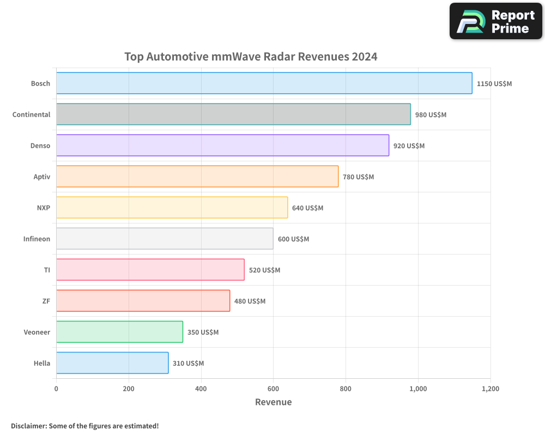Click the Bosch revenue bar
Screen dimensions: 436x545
[x=264, y=83]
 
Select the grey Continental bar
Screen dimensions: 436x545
[x=233, y=114]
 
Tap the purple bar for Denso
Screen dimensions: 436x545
[x=222, y=146]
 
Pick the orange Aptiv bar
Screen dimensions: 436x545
[x=197, y=177]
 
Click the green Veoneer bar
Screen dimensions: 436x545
[x=119, y=332]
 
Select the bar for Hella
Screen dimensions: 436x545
[x=112, y=363]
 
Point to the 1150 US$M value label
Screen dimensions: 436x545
[x=494, y=84]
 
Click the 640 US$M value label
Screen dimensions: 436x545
[x=307, y=208]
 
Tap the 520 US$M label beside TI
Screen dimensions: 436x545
[x=264, y=270]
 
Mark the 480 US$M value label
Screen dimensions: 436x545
[x=250, y=301]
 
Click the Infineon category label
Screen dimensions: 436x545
[x=37, y=239]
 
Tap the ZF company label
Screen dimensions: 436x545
[x=46, y=301]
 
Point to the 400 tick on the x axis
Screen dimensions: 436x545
[x=201, y=389]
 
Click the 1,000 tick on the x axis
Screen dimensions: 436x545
[x=418, y=389]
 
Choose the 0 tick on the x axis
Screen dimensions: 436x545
[x=56, y=389]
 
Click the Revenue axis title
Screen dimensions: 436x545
[x=273, y=402]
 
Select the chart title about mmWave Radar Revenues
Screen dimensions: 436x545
[x=251, y=57]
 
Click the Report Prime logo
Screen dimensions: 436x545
[x=496, y=21]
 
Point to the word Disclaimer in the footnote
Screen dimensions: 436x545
[x=28, y=426]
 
